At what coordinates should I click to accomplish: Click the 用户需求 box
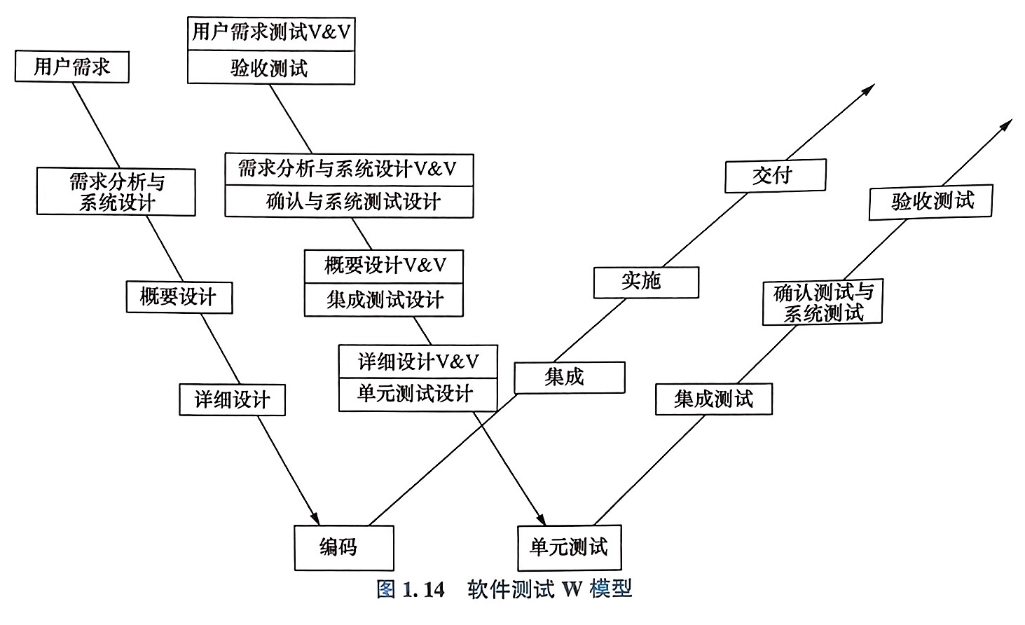(71, 67)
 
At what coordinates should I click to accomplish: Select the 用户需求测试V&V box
(271, 32)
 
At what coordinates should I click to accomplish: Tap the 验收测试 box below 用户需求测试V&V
(271, 68)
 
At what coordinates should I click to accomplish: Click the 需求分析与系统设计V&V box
(349, 170)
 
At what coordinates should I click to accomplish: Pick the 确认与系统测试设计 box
(349, 202)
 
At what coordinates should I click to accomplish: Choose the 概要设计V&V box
(384, 266)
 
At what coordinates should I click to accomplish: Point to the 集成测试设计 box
(384, 300)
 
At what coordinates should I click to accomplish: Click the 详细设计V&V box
(418, 362)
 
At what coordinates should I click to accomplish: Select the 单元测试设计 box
(418, 394)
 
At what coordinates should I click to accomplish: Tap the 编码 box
(343, 547)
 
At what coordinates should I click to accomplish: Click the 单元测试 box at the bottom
(569, 547)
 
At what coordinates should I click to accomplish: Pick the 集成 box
(569, 377)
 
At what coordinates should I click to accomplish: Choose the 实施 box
(646, 282)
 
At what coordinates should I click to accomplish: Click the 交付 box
(775, 175)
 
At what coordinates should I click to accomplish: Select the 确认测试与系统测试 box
(822, 302)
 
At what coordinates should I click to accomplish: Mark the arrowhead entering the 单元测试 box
(541, 519)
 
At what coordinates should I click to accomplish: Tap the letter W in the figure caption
(572, 589)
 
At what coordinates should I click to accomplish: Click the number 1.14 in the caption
(423, 589)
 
